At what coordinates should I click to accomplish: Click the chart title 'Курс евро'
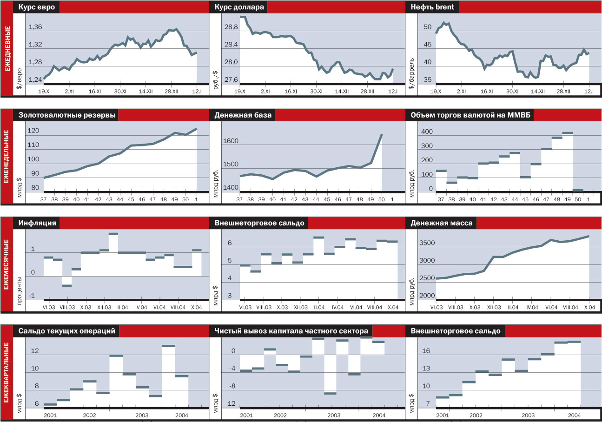tap(37, 7)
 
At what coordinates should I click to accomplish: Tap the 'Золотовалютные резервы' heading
tap(67, 115)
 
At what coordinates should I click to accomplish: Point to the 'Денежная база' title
tap(239, 115)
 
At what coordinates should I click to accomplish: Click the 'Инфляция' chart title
tap(38, 223)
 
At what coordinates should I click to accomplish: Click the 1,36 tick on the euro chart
tap(35, 27)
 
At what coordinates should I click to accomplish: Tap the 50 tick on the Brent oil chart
tap(428, 28)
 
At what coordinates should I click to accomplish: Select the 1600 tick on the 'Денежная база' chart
tap(230, 142)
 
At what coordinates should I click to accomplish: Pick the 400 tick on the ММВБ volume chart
tap(427, 132)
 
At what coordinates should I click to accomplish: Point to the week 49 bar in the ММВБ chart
tap(567, 133)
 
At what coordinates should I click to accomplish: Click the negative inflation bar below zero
tap(66, 282)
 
